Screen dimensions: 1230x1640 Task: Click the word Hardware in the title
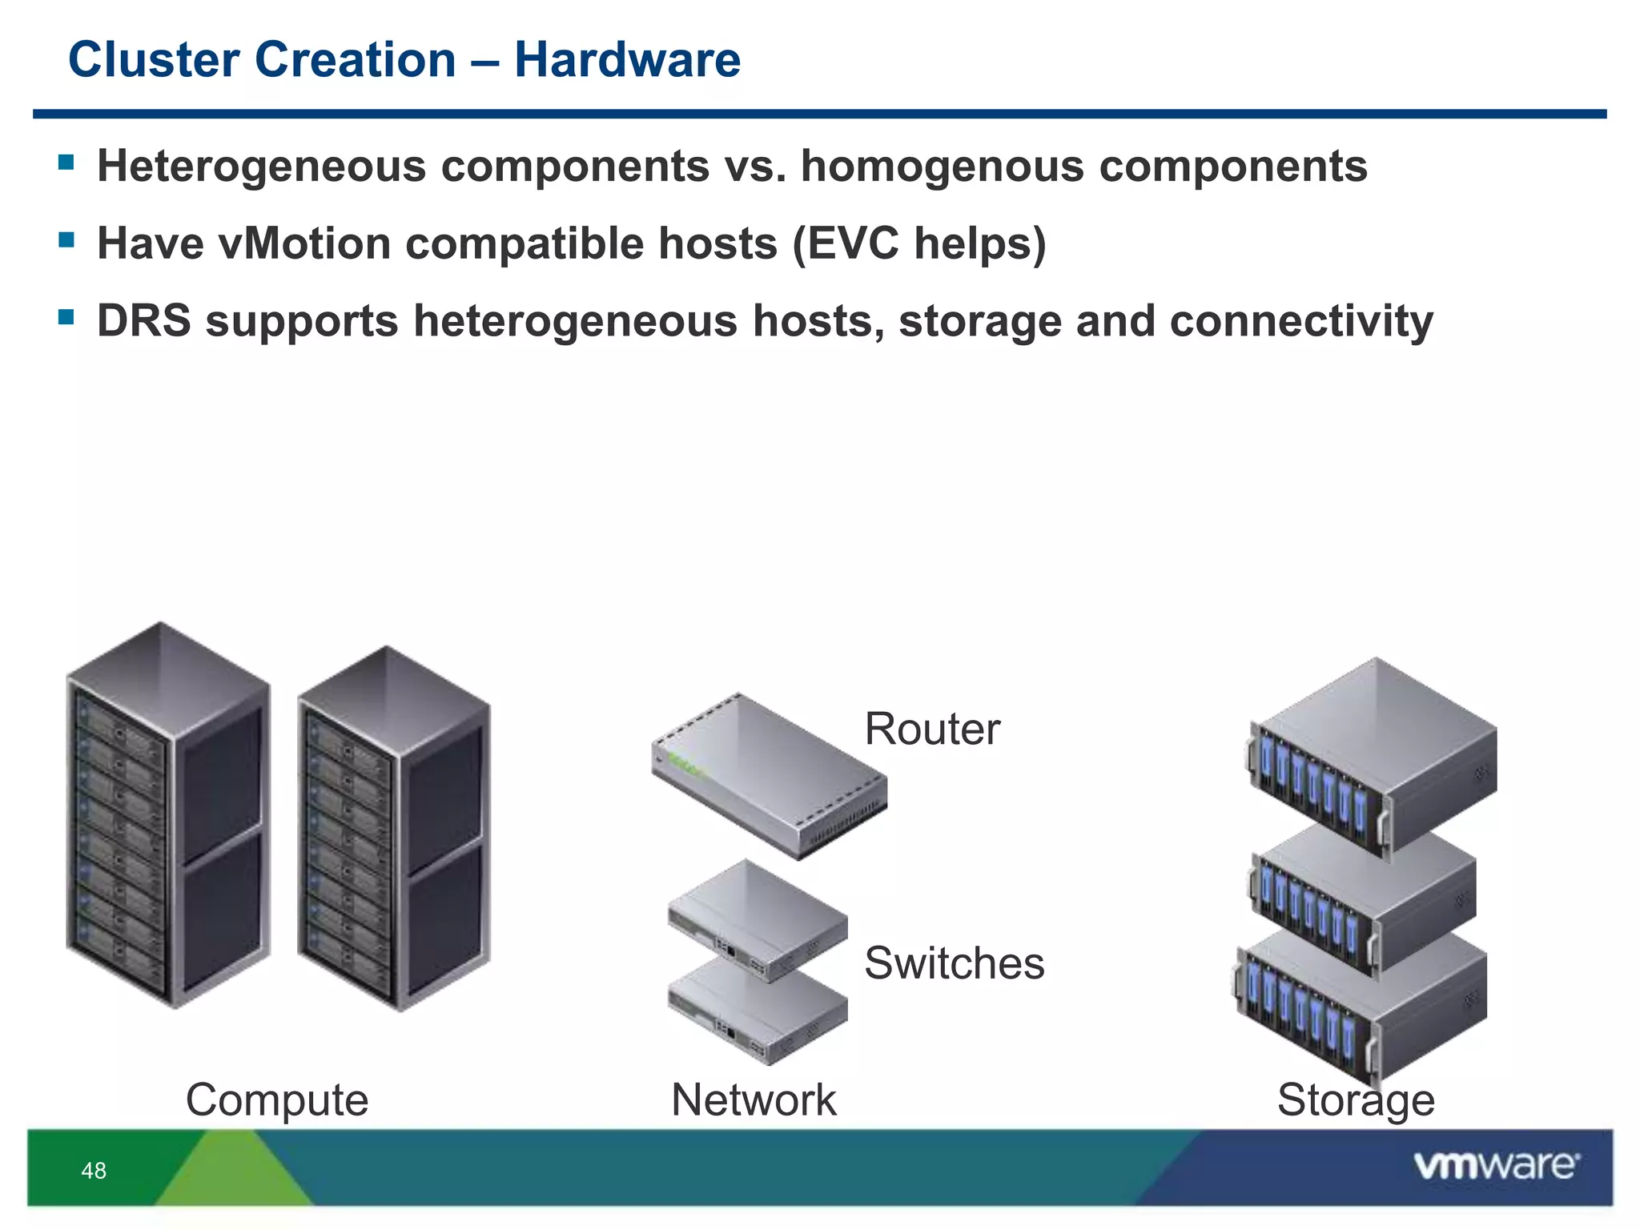pyautogui.click(x=627, y=60)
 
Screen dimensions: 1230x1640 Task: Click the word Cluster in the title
pyautogui.click(x=154, y=60)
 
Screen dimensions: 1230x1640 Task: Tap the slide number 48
pyautogui.click(x=94, y=1171)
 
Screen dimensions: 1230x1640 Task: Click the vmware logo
pyautogui.click(x=1496, y=1165)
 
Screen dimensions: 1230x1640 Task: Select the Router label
pyautogui.click(x=932, y=729)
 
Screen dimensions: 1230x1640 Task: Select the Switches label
pyautogui.click(x=954, y=963)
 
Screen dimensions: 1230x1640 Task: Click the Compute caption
pyautogui.click(x=277, y=1099)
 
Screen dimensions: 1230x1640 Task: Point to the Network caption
pyautogui.click(x=754, y=1099)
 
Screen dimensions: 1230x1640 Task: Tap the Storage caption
pyautogui.click(x=1355, y=1099)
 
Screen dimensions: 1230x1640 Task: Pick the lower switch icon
pyautogui.click(x=757, y=1013)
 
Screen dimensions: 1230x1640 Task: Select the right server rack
pyautogui.click(x=392, y=829)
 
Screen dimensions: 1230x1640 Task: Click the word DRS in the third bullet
pyautogui.click(x=143, y=321)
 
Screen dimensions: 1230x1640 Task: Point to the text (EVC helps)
pyautogui.click(x=918, y=243)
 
